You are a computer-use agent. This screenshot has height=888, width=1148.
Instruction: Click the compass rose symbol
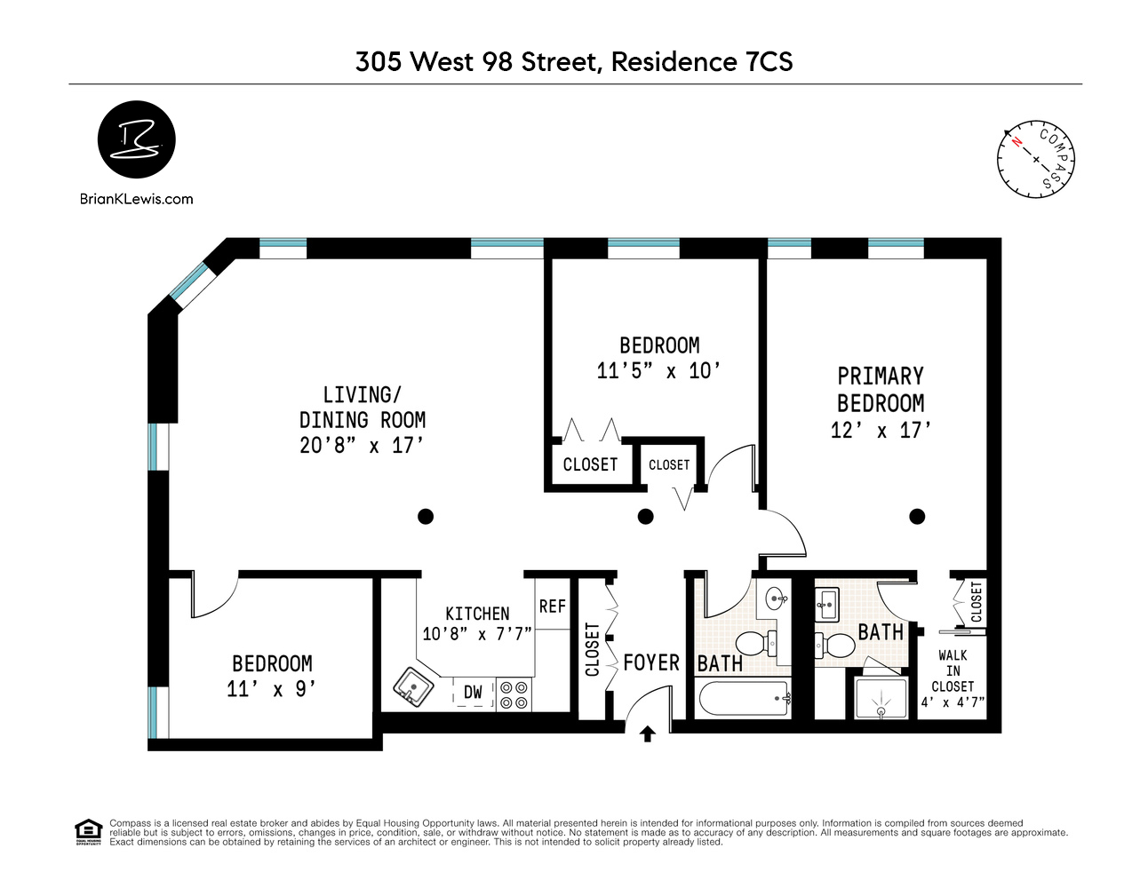(x=1035, y=159)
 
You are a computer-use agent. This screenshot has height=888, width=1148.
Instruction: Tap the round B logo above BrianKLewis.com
(x=136, y=139)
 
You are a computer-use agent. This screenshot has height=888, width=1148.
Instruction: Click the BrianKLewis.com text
(x=136, y=199)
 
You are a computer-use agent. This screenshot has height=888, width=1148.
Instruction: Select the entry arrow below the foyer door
(x=648, y=733)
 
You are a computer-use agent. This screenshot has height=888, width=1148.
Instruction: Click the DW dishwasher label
(x=473, y=693)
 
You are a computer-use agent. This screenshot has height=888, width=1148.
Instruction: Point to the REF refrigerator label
(x=552, y=606)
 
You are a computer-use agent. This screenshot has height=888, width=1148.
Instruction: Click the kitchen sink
(x=413, y=686)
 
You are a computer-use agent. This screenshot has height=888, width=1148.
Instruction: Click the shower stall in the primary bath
(x=881, y=698)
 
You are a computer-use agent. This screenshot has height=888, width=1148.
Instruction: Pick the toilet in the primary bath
(x=833, y=643)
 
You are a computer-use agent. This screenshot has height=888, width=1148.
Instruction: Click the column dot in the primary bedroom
(x=917, y=516)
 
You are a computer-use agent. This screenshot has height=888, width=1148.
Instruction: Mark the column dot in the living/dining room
(x=426, y=516)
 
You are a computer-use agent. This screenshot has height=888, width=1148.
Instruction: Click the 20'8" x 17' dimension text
(x=362, y=445)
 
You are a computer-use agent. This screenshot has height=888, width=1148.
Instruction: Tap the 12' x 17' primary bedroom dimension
(x=881, y=431)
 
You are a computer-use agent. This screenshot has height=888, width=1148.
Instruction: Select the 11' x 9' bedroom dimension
(x=271, y=688)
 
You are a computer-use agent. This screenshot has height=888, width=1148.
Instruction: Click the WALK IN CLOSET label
(x=953, y=670)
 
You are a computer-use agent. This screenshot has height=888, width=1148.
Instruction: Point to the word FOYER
(x=651, y=662)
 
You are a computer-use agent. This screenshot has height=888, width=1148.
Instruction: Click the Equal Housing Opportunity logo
(x=88, y=832)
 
